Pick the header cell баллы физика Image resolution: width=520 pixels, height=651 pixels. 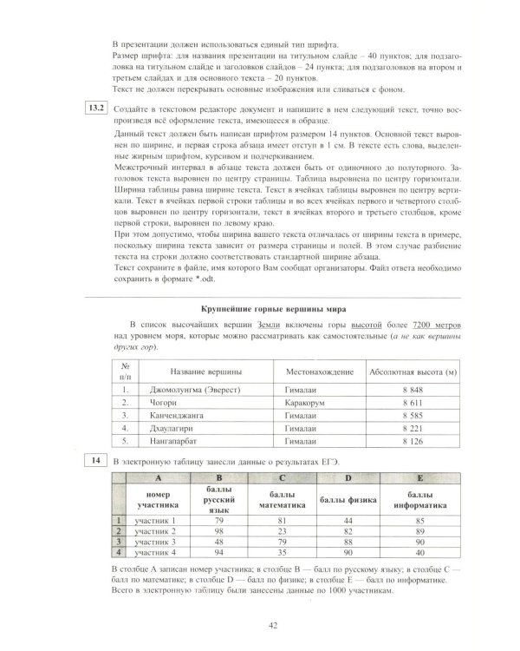(x=347, y=502)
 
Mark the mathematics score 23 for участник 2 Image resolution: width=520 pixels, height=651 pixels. (x=283, y=530)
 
